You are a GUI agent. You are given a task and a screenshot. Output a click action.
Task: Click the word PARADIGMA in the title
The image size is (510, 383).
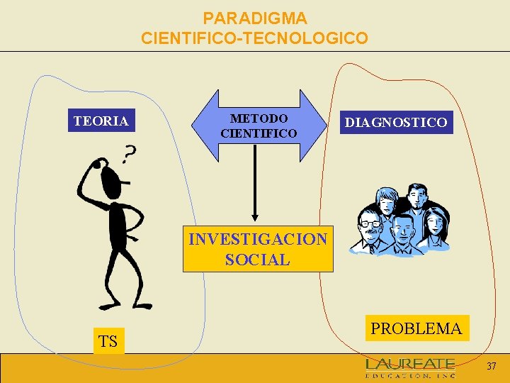coord(255,18)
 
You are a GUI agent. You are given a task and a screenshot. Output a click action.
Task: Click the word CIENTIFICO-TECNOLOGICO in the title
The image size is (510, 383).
coord(255,38)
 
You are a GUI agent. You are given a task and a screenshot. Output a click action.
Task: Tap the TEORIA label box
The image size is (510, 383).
coord(101,121)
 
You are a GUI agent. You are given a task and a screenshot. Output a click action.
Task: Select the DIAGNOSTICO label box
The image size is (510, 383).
coord(395,123)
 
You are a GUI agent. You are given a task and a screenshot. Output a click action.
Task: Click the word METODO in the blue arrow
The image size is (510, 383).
coord(259,118)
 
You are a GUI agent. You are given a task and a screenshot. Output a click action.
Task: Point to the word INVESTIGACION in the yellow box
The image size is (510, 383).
coord(258,239)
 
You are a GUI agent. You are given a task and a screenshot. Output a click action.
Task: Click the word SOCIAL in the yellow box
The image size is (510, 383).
coord(258,260)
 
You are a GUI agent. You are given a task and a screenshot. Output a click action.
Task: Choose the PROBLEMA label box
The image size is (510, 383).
coord(416,328)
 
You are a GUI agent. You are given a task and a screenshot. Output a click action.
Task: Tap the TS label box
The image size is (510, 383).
coord(108,341)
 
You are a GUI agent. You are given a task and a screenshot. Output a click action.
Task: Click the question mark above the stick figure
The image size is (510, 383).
coord(129,153)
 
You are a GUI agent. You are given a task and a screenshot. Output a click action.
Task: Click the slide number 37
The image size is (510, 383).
coord(492,366)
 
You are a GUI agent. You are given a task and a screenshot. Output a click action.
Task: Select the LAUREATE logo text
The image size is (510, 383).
coord(410,365)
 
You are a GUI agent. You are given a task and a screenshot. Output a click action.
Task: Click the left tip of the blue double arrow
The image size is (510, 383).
coord(193,126)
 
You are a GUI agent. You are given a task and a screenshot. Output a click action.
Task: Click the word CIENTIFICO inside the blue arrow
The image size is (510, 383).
coord(259,133)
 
